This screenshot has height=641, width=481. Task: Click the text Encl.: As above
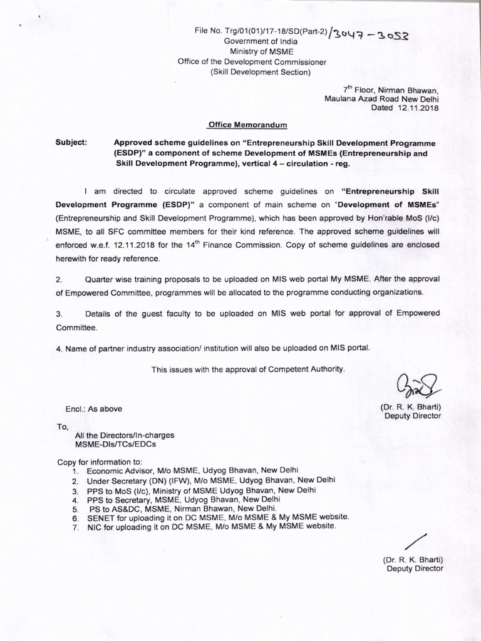click(94, 409)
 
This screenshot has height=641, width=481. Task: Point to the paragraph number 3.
click(58, 313)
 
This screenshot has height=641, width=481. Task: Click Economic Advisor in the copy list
click(116, 470)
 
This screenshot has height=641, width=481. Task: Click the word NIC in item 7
click(94, 528)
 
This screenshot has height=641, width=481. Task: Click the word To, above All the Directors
click(62, 425)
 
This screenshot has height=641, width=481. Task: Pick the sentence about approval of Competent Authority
click(249, 369)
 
